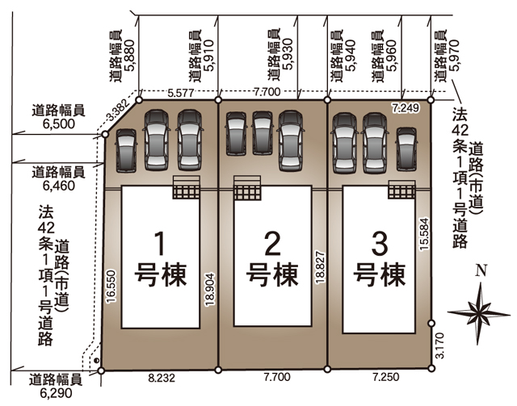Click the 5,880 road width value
130,56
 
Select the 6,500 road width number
59,124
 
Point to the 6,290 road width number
56,393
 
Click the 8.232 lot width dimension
162,378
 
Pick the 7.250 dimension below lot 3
386,377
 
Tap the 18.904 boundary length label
210,289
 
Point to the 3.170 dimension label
439,345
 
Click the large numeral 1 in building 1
160,244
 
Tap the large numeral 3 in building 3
380,244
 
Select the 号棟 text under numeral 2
272,274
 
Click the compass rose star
479,313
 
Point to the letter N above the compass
481,270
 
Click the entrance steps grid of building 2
247,192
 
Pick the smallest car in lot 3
406,149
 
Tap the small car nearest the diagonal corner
126,150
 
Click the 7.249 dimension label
406,108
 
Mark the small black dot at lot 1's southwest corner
96,361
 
